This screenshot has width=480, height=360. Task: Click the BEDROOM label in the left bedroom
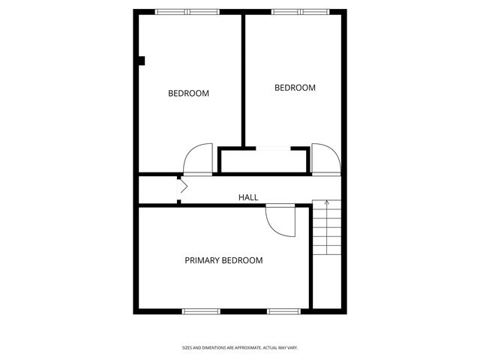(x=188, y=94)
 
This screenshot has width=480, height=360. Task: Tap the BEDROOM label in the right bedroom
(x=295, y=88)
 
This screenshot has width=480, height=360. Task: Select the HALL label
(x=248, y=197)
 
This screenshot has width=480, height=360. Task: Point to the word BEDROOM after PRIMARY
(x=245, y=261)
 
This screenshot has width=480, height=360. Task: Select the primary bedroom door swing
(x=279, y=220)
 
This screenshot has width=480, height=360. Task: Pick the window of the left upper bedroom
(x=187, y=12)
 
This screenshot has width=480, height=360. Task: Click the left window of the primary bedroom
(x=200, y=310)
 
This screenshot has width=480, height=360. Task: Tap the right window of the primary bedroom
(x=284, y=310)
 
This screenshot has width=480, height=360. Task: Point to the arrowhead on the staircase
(x=325, y=202)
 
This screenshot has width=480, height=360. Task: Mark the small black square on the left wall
(x=141, y=61)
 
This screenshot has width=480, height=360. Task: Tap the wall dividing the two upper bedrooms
(x=243, y=79)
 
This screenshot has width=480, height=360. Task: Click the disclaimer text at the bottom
(x=240, y=347)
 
